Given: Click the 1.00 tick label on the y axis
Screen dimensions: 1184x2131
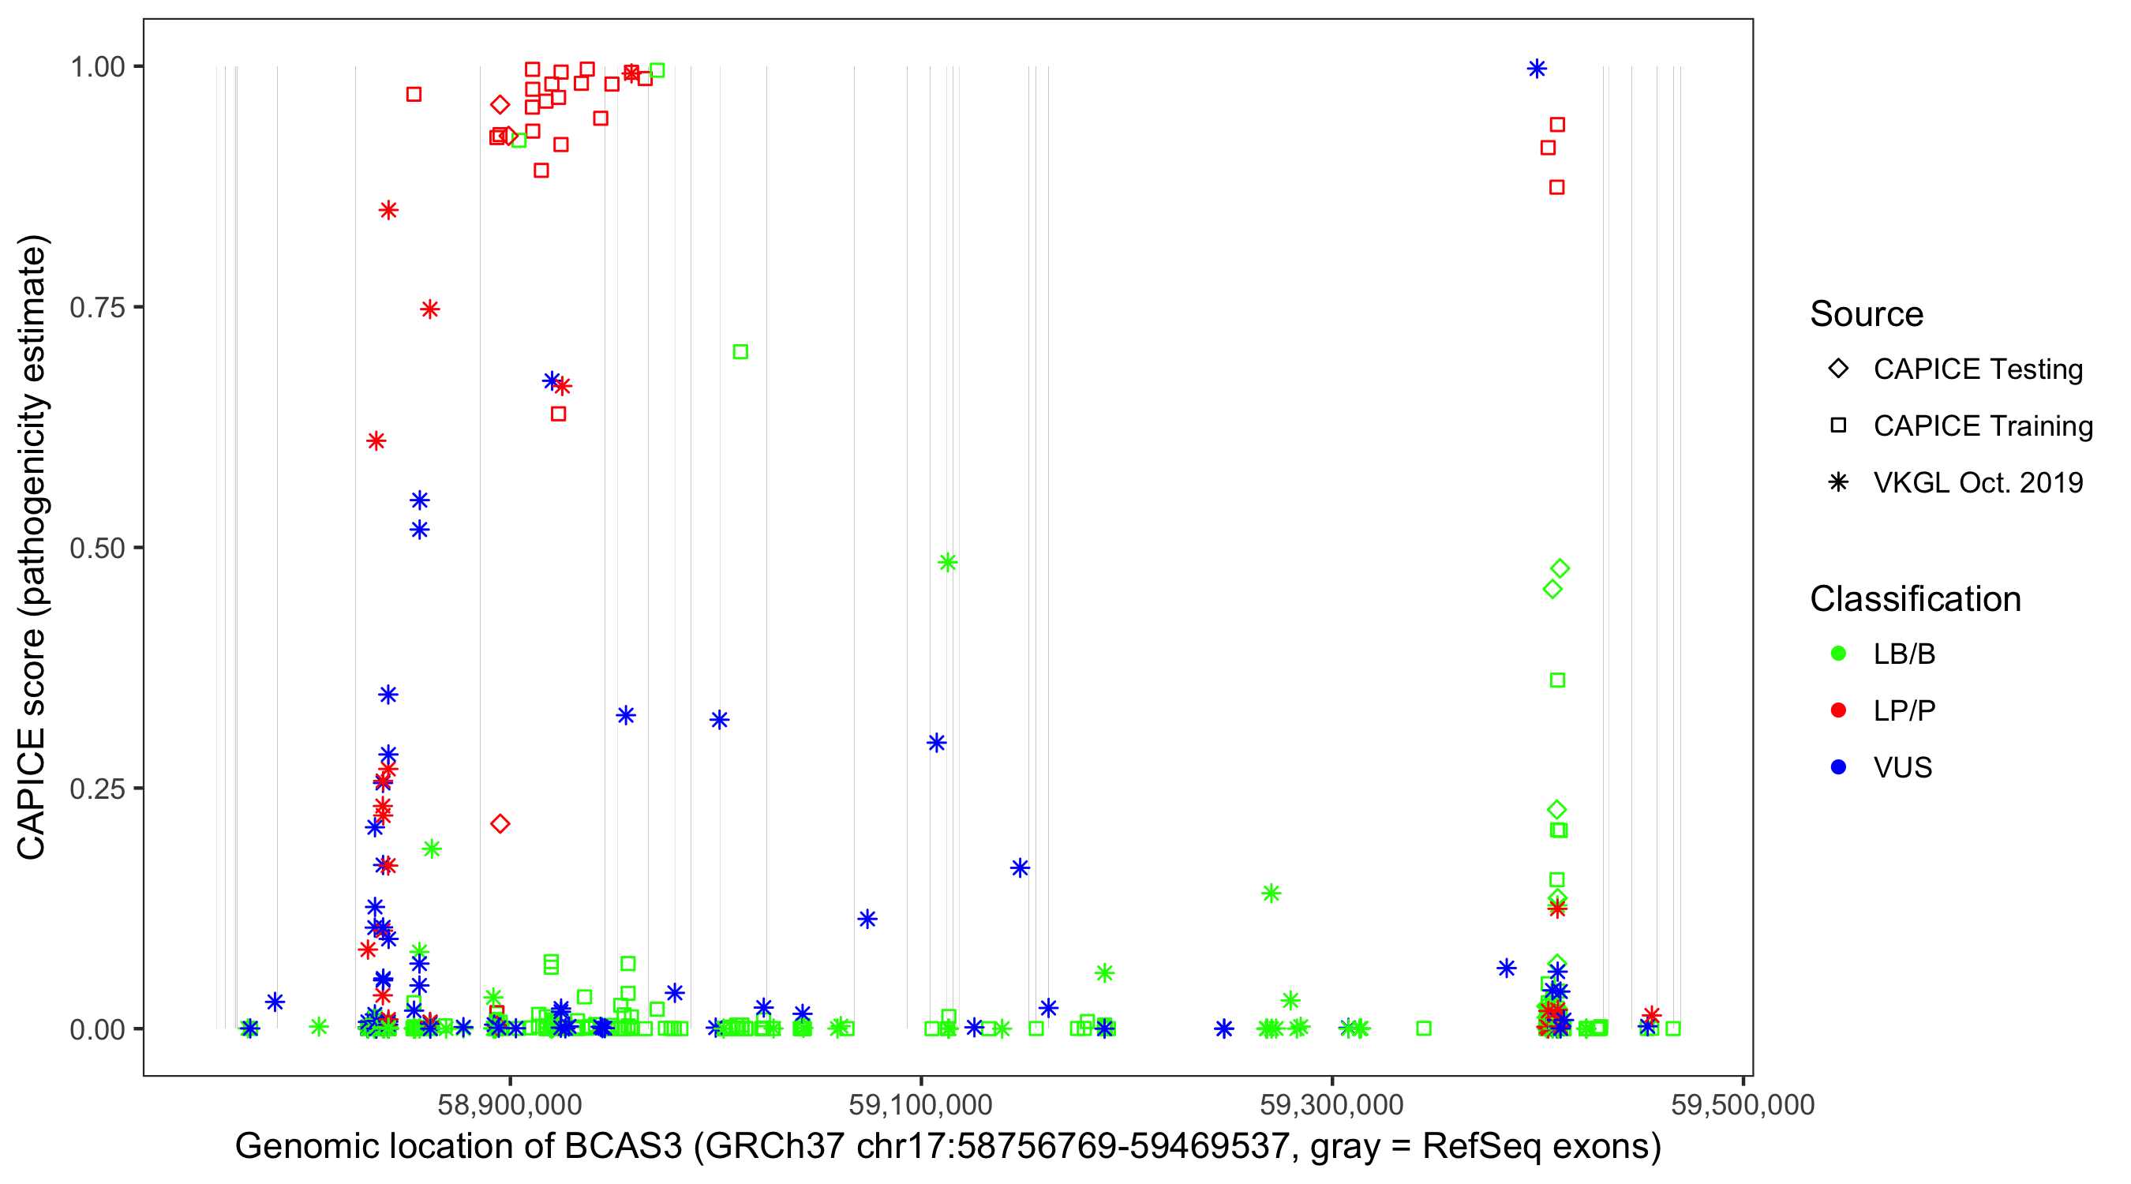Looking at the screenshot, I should (97, 67).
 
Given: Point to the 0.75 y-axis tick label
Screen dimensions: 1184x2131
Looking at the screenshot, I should (97, 308).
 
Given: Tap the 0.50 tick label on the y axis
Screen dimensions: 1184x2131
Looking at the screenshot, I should (97, 548).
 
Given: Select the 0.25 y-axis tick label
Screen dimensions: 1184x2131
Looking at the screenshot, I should (97, 789).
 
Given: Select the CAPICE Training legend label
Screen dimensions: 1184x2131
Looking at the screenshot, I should (1983, 425).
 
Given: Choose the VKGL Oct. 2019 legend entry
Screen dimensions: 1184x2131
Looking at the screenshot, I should (1978, 482).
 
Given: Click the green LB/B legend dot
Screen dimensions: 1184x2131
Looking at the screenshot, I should (1838, 654).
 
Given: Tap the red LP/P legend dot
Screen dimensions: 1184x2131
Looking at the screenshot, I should (1838, 710).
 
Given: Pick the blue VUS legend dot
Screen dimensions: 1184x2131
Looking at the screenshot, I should (1838, 767).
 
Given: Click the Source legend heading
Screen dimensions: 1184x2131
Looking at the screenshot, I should (1867, 313).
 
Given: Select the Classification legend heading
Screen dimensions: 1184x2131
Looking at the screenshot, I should (1915, 598).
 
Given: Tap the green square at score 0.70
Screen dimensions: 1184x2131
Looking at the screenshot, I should (740, 351).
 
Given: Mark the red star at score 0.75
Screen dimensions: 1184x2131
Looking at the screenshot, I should (429, 309).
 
